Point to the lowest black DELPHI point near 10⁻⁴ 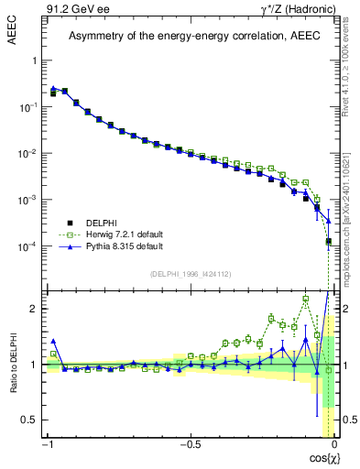point(328,242)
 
